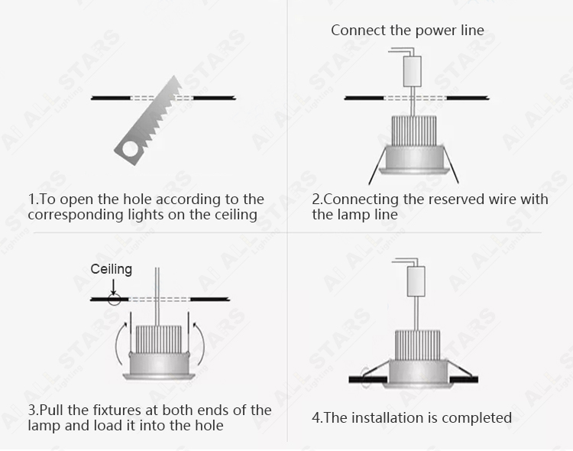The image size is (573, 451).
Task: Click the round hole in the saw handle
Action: coord(130,149)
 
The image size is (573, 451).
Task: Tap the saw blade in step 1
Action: coord(148,121)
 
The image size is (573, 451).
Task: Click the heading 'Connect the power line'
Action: coord(407,30)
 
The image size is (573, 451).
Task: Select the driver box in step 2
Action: coord(412,71)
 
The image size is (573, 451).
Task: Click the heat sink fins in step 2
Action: coord(413,131)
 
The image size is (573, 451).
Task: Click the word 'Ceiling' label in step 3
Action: coord(111,269)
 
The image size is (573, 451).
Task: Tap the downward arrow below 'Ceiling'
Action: coord(114,287)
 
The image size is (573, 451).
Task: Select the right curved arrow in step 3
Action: coord(200,342)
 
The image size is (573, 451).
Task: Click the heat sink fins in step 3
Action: coord(159,340)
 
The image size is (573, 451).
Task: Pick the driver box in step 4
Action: coord(416,281)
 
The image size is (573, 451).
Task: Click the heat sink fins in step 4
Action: coord(417,345)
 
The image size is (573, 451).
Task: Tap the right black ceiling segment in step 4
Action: coord(464,379)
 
